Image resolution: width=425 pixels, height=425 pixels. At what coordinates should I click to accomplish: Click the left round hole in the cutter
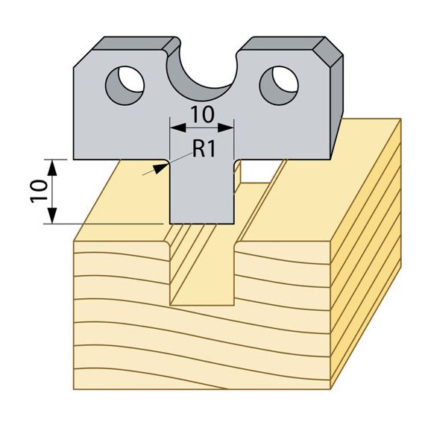125,86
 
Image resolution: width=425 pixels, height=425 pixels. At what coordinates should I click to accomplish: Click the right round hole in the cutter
279,86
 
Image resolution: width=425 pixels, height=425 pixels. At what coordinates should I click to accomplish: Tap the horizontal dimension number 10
203,114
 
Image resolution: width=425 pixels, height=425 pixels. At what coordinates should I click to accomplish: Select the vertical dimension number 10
38,191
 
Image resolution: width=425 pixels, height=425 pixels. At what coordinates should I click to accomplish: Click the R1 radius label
204,148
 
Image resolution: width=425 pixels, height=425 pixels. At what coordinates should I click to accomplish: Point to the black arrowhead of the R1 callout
159,169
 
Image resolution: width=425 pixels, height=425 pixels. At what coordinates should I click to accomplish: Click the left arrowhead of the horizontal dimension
177,127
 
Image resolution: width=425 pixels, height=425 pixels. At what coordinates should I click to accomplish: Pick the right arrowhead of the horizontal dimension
225,127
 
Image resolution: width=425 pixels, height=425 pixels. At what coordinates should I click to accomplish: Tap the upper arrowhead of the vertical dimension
53,168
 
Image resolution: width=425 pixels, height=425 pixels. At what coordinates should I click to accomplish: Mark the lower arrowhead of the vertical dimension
53,215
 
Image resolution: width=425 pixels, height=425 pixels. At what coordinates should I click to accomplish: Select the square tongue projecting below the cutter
201,192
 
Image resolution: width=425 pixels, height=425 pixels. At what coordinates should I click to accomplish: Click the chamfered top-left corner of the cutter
84,58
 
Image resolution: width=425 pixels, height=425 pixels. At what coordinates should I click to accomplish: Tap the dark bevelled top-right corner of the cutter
328,51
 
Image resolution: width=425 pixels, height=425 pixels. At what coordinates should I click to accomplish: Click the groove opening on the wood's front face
202,274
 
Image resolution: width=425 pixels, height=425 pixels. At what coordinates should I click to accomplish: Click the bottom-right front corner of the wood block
330,389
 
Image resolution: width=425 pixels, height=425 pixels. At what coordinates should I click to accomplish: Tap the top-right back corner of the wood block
400,119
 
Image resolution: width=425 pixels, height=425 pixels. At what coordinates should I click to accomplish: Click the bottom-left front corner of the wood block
74,389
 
